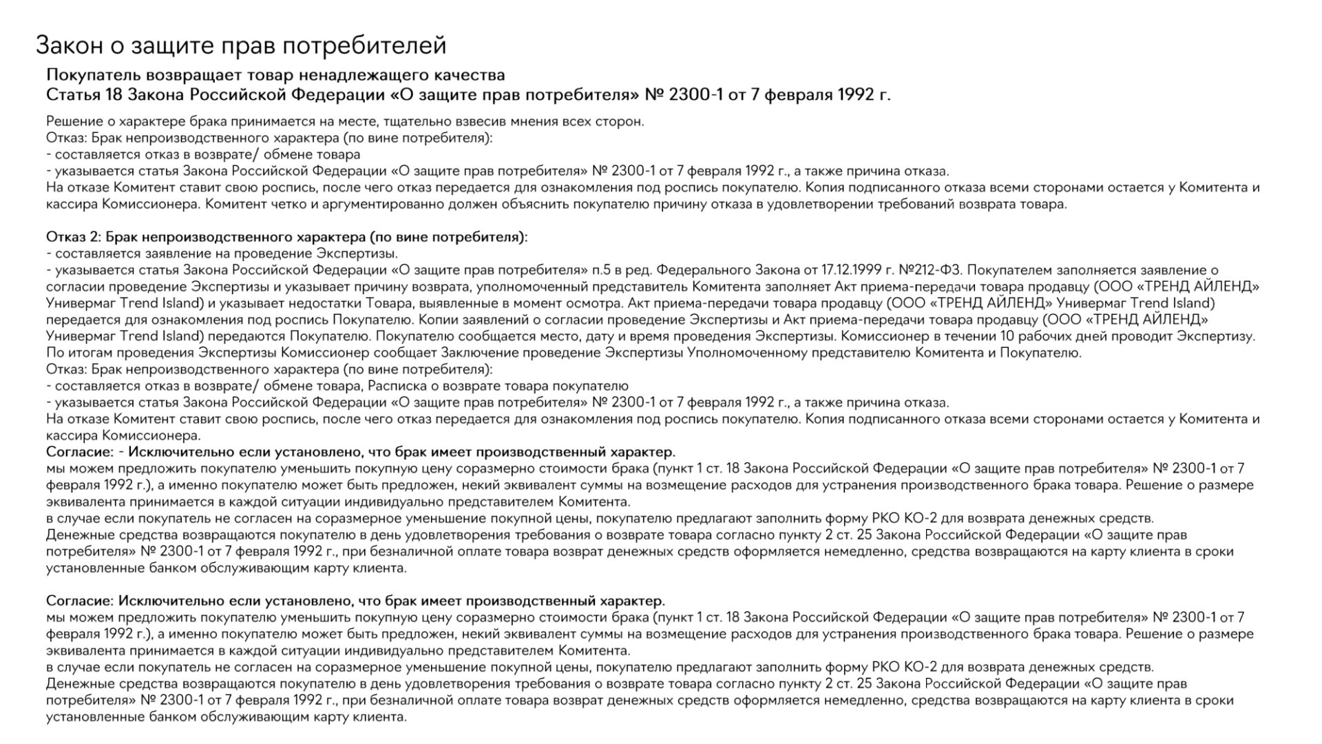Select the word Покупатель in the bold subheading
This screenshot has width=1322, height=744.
pos(85,75)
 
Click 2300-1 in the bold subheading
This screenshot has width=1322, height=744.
pos(695,94)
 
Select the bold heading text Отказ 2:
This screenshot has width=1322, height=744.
pos(73,237)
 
